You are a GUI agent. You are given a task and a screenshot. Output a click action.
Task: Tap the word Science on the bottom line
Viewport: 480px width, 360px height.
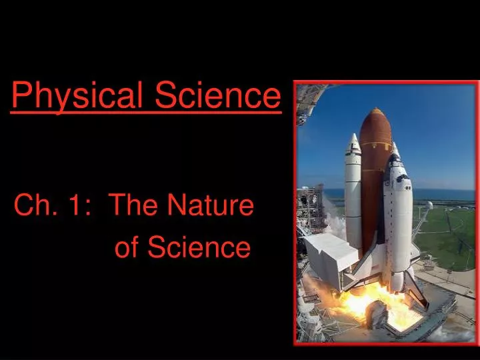pos(199,248)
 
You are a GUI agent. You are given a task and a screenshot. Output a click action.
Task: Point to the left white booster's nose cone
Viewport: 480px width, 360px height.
pos(353,143)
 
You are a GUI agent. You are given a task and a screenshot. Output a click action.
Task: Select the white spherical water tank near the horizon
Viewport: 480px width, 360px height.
pos(430,205)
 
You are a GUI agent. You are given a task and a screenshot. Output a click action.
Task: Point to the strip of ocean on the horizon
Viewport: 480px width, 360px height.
pos(447,194)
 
